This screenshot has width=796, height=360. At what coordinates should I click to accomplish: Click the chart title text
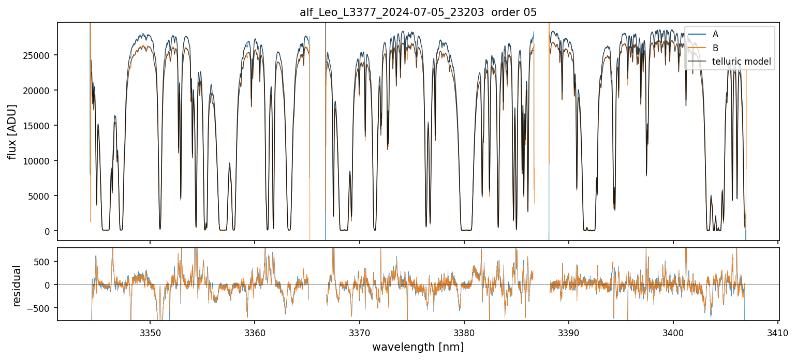[418, 12]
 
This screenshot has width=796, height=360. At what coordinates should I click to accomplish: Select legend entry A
[715, 34]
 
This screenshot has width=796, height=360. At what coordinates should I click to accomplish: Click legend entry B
[715, 48]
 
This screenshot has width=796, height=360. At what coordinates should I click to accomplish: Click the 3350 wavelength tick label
[150, 332]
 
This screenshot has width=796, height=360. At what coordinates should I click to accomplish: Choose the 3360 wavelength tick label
[255, 332]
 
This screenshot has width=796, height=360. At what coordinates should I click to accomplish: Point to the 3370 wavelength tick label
[360, 332]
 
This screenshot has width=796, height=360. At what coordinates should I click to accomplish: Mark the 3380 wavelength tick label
[464, 332]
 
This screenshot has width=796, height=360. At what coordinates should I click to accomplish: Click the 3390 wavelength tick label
[569, 332]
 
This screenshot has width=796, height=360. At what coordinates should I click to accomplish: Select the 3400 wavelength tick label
[673, 332]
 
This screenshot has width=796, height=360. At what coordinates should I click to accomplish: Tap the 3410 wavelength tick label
[778, 332]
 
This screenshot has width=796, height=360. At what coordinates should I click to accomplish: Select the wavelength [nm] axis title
[418, 347]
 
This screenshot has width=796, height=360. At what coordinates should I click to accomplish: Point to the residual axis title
[17, 286]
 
